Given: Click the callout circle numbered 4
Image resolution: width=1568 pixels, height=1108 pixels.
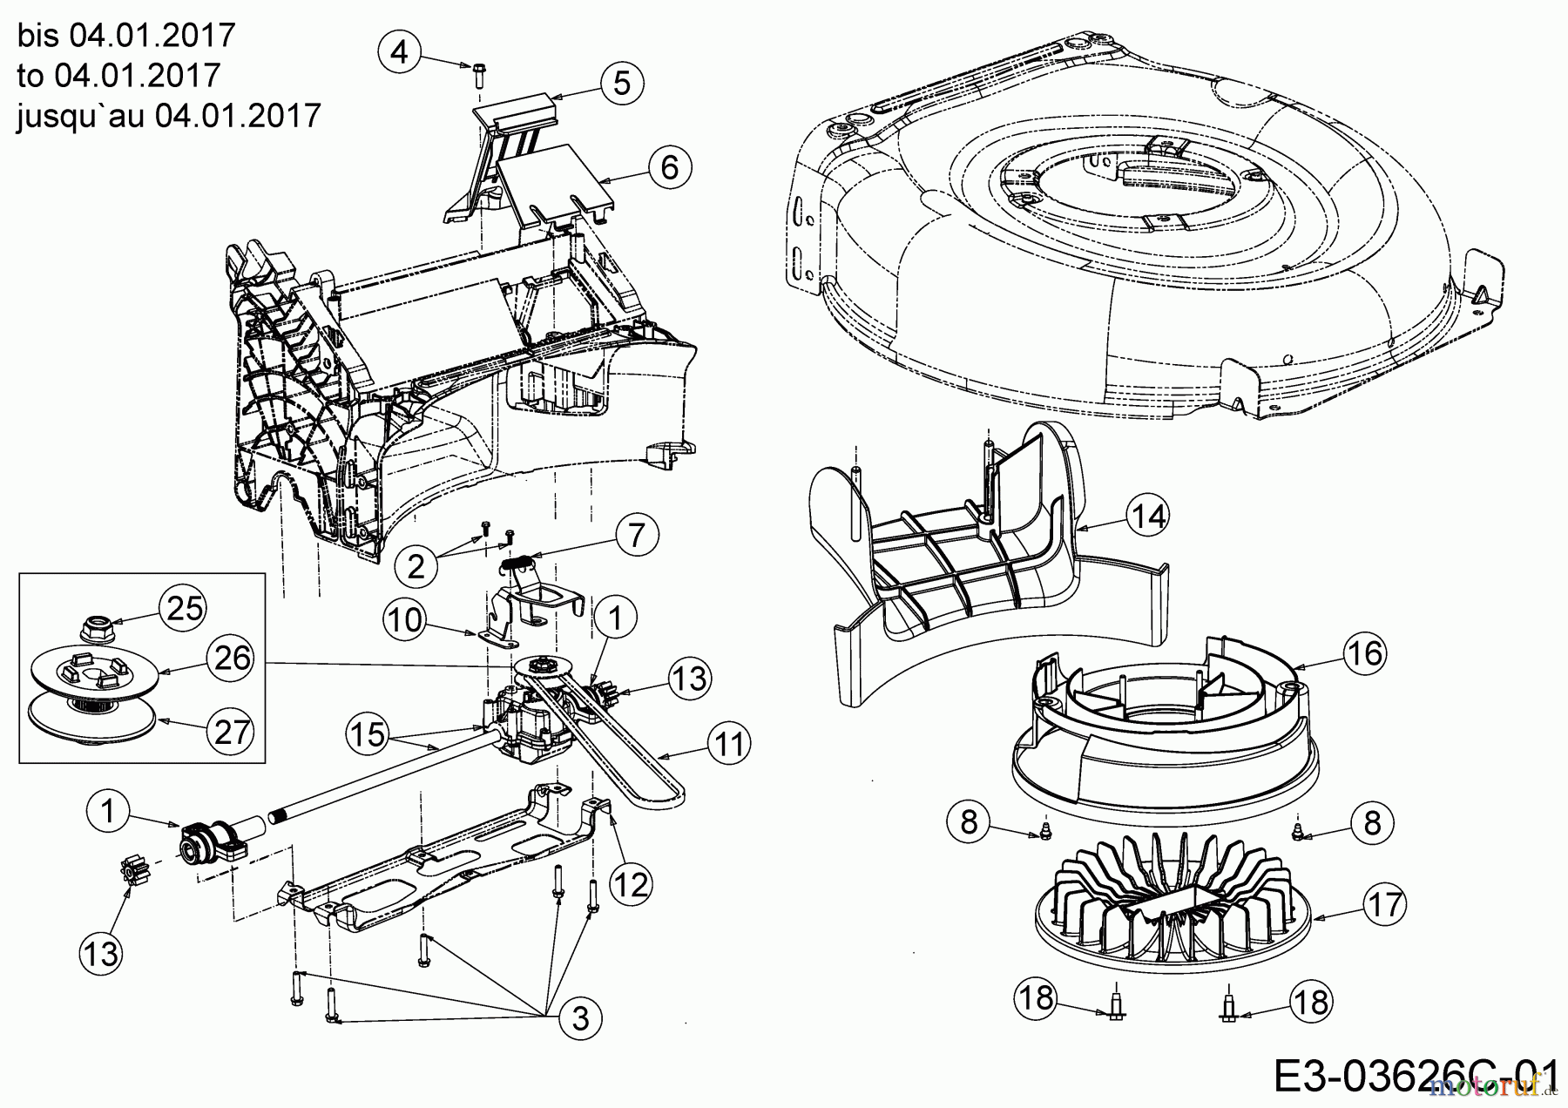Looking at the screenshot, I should point(399,52).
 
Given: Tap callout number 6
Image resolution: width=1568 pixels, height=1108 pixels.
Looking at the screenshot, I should point(669,166).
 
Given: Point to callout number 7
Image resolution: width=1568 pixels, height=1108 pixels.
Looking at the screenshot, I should point(637,534).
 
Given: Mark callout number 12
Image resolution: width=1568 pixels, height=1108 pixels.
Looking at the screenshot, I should point(631,885).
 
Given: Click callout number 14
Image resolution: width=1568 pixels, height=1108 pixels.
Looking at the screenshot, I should point(1147,517).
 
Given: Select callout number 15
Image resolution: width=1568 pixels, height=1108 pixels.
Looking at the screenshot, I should point(368,733).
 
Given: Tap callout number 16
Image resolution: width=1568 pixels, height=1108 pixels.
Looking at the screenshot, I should point(1364,652).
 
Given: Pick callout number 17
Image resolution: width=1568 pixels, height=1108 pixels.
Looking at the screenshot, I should point(1384,904).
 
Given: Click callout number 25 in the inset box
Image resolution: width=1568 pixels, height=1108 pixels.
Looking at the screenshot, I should point(185,608).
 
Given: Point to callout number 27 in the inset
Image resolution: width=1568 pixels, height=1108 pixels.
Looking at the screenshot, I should point(232,732).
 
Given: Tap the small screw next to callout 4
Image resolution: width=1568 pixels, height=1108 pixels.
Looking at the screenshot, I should point(478,74).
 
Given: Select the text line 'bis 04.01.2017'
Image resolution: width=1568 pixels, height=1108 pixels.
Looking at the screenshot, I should point(126,36).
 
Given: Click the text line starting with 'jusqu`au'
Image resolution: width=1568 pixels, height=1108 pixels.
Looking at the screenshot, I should point(169,114).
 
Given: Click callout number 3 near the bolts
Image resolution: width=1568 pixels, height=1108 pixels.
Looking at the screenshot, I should point(581,1018).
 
